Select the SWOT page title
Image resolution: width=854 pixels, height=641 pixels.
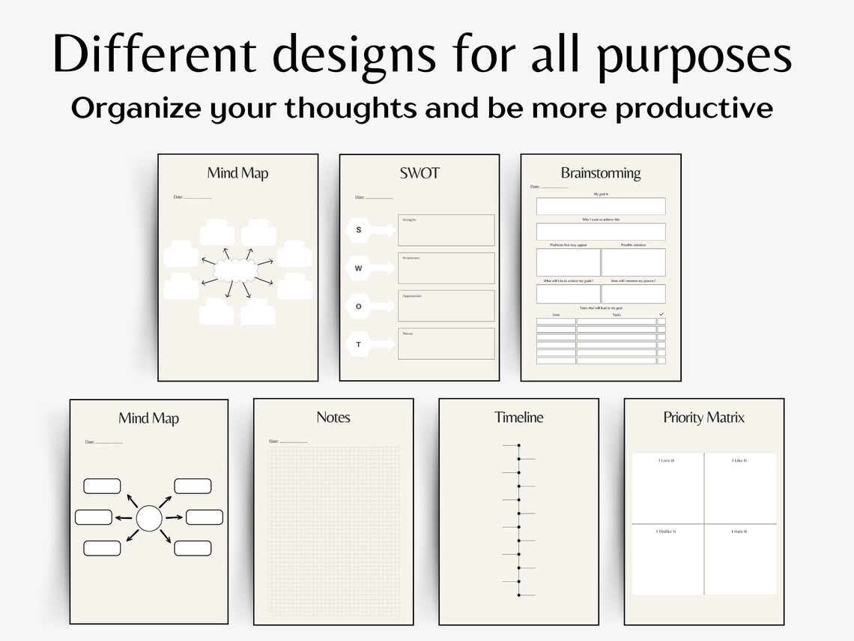420,173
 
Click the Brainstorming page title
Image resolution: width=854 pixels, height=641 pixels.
601,173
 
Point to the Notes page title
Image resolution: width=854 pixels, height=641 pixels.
333,417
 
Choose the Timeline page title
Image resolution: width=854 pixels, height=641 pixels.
518,417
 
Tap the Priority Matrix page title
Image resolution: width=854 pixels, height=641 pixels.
704,417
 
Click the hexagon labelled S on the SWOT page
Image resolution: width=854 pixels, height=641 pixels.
359,229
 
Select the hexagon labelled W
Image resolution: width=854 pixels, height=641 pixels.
359,268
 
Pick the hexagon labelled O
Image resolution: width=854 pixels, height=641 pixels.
359,306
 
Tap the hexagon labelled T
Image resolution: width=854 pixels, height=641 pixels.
359,344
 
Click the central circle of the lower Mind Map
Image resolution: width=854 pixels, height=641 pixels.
149,517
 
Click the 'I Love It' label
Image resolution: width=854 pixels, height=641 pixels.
667,460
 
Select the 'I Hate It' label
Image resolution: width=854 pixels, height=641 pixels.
739,531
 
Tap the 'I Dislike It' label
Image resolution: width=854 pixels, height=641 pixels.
667,531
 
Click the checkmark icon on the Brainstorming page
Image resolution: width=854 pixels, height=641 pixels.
661,313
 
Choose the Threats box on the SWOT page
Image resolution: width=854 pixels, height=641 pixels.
446,343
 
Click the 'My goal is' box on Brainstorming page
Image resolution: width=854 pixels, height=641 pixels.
601,206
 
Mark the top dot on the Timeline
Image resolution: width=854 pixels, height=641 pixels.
518,445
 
